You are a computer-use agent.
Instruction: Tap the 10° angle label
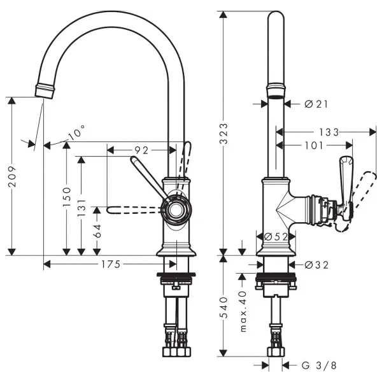tap(76, 134)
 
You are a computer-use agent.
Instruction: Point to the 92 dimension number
tap(141, 150)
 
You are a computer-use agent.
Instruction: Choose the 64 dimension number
tap(97, 230)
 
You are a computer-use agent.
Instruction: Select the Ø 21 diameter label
tap(316, 104)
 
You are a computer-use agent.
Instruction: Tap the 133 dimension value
tap(329, 132)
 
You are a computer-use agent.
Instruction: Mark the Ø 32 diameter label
tap(316, 265)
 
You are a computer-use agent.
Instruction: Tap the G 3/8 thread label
tap(318, 365)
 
